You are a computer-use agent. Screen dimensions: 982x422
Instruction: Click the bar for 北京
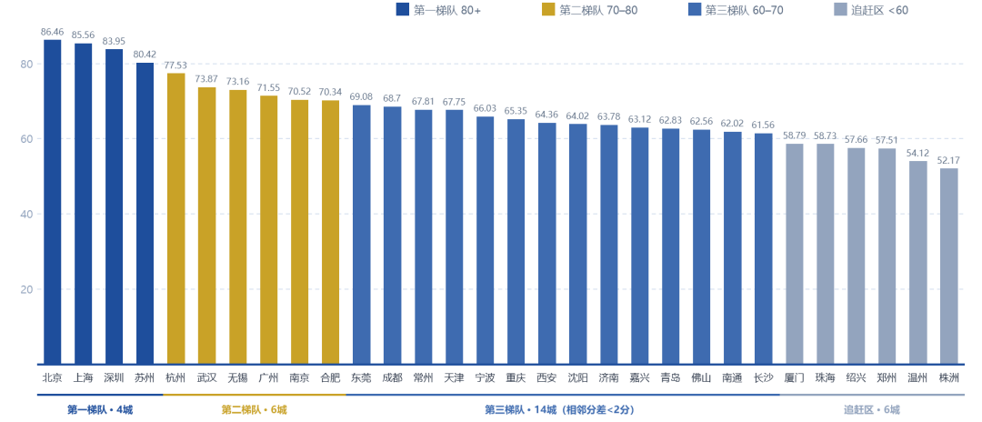pos(52,202)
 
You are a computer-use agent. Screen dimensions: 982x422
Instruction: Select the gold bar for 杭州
pos(175,218)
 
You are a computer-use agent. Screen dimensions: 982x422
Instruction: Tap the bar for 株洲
pos(948,266)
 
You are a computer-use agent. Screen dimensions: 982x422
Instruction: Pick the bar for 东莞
pos(361,234)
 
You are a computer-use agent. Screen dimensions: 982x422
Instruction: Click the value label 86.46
pos(52,31)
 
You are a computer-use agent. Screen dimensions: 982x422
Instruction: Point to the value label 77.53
pos(175,65)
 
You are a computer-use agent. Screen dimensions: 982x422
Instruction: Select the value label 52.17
pos(948,160)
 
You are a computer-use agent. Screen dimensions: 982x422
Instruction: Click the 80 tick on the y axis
pos(25,64)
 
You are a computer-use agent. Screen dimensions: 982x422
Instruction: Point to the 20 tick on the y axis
pos(25,289)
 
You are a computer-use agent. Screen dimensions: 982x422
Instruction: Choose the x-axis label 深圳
pos(114,377)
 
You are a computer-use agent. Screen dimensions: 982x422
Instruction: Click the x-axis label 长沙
pos(764,377)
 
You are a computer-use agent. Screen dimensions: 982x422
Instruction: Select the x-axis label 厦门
pos(794,377)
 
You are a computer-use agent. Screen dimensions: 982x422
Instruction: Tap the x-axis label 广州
pos(268,377)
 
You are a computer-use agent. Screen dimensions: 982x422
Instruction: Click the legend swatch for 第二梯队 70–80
pos(547,9)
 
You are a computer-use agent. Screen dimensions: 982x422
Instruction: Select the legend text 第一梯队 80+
pos(447,10)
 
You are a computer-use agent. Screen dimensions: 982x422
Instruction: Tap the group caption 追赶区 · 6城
pos(871,410)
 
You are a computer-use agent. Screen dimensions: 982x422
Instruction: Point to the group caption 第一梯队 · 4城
pos(100,410)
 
